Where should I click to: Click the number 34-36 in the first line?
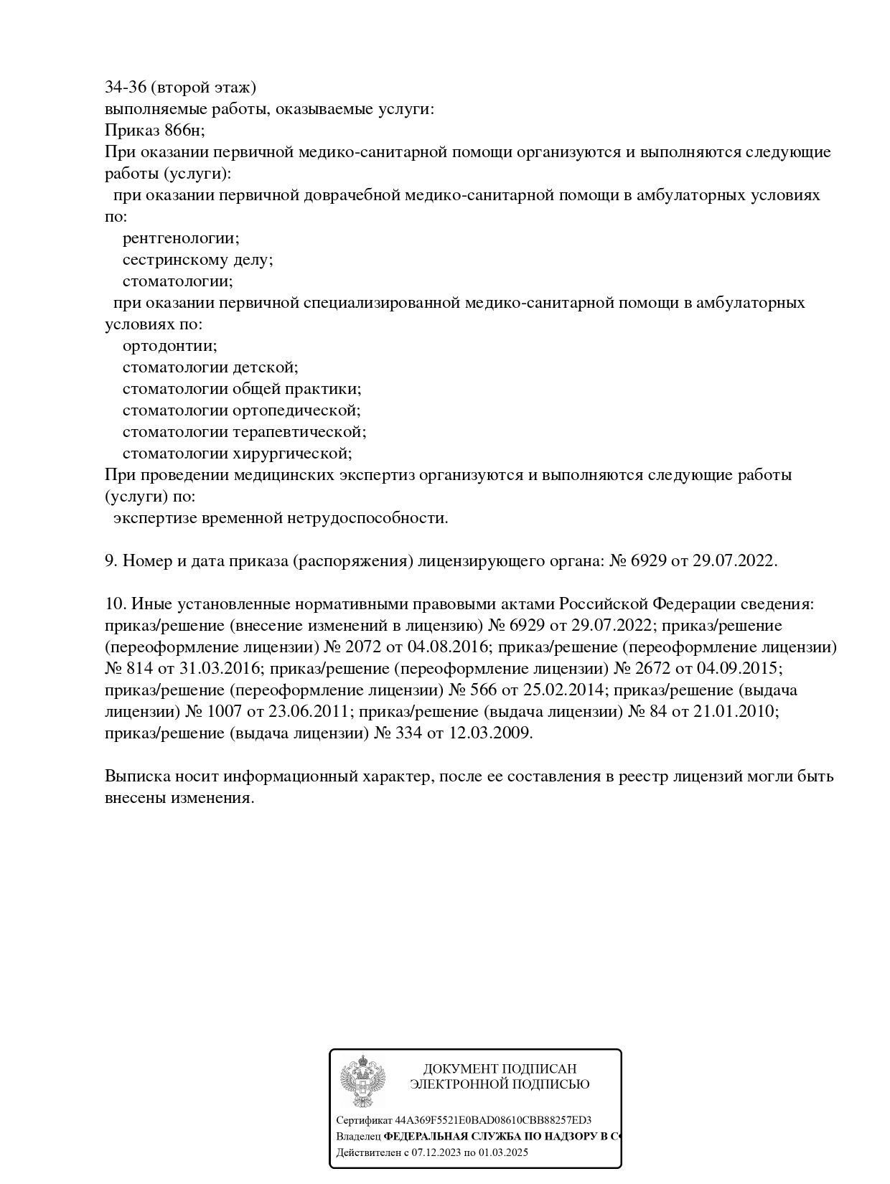126,88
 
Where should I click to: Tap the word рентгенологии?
181,238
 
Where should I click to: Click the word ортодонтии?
169,346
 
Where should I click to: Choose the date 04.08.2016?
448,647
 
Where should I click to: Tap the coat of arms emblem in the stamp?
363,1081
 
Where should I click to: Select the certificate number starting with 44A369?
493,1120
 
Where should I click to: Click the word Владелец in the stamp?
359,1137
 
